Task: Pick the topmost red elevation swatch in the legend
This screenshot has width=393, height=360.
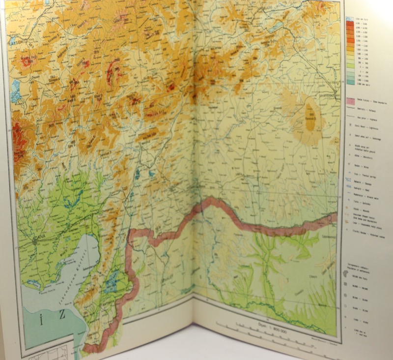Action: (x=349, y=23)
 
